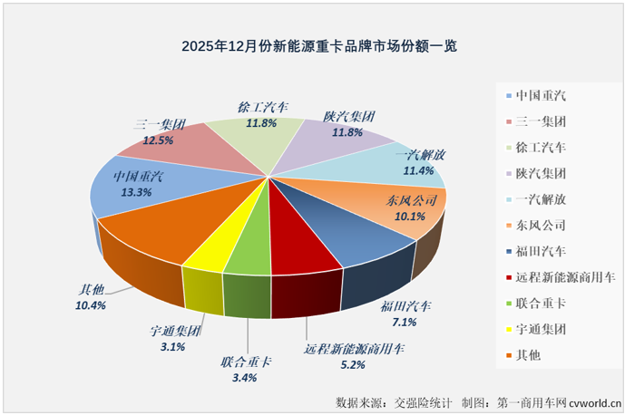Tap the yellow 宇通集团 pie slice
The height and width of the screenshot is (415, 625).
[x=206, y=254]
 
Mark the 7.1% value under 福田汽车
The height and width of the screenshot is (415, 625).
[x=405, y=322]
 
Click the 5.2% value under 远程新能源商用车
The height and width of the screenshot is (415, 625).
[x=352, y=364]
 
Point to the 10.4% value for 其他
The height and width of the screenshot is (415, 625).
[x=92, y=305]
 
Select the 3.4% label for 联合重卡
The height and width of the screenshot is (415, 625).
[x=248, y=379]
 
